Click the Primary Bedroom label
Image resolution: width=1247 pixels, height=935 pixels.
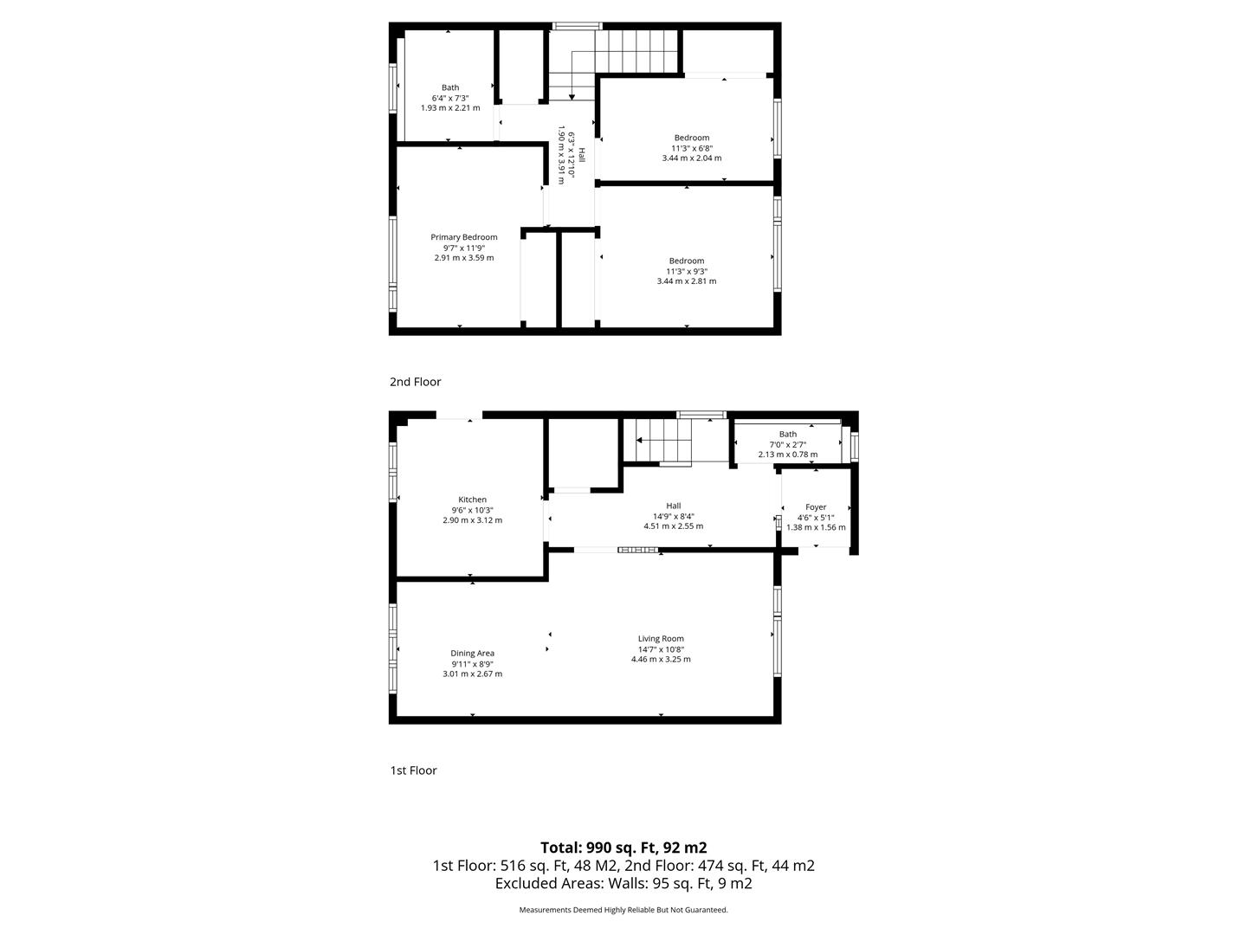coord(463,236)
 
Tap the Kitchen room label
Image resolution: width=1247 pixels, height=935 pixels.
coord(472,500)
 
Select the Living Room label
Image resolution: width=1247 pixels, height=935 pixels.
coord(661,639)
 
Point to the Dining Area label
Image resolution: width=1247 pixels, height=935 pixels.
coord(472,654)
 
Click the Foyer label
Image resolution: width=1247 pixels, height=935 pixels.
coord(816,507)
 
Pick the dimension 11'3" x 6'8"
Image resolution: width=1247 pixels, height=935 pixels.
coord(692,148)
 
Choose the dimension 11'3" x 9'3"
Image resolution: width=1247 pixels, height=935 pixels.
coord(686,271)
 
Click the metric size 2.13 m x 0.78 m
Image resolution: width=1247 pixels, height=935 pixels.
coord(788,455)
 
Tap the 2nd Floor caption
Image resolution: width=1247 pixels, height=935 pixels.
coord(416,382)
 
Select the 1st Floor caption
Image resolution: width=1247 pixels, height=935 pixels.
coord(414,771)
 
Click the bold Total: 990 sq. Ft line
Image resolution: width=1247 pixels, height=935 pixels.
coord(623,848)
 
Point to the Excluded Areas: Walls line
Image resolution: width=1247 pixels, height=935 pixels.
coord(623,883)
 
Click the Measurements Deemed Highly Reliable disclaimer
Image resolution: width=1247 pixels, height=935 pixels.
coord(623,910)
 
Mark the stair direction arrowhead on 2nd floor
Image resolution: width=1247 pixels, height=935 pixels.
coord(572,97)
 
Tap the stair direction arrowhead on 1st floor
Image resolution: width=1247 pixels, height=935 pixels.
coord(639,440)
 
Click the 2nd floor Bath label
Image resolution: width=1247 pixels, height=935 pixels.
coord(450,87)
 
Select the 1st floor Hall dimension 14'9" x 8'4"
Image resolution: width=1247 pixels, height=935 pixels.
coord(673,516)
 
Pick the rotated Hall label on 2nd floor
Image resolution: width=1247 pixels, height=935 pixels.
coord(581,155)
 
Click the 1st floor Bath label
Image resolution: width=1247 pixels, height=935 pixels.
coord(788,434)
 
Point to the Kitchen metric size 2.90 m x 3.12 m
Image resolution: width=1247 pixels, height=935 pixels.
coord(473,520)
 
